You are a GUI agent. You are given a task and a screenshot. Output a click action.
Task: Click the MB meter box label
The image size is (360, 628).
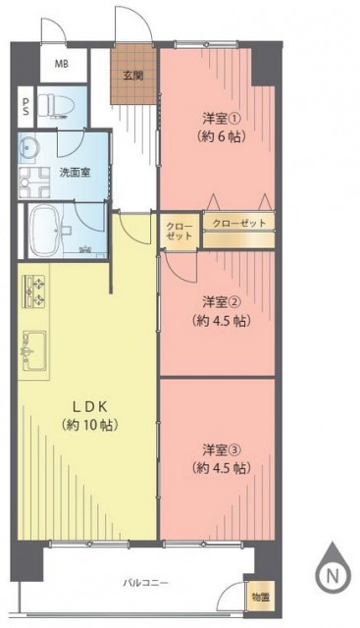point(61,63)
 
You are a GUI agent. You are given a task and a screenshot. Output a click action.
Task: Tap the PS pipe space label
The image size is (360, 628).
point(26,107)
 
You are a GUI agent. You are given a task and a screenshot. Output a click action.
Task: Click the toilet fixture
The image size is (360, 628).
point(62,105)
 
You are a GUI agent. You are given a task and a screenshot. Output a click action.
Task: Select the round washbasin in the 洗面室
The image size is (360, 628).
point(28,148)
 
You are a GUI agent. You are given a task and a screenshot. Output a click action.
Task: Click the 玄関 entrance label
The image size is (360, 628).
point(133,76)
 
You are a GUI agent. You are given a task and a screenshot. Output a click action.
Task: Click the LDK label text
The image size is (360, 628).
point(89,406)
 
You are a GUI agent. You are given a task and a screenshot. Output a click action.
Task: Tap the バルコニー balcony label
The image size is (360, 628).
point(145,583)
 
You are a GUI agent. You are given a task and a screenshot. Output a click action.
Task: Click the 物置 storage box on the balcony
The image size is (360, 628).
point(261,598)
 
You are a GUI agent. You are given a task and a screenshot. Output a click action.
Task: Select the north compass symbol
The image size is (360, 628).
point(332,569)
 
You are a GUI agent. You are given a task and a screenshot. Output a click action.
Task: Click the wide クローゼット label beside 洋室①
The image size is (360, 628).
point(239,223)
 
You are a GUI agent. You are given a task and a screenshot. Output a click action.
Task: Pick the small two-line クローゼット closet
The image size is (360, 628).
point(179,231)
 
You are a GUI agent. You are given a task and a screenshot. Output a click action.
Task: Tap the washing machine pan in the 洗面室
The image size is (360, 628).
point(34,183)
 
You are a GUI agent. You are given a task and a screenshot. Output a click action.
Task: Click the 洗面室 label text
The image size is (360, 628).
point(75,173)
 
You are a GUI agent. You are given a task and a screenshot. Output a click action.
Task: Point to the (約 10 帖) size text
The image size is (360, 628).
point(89,425)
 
